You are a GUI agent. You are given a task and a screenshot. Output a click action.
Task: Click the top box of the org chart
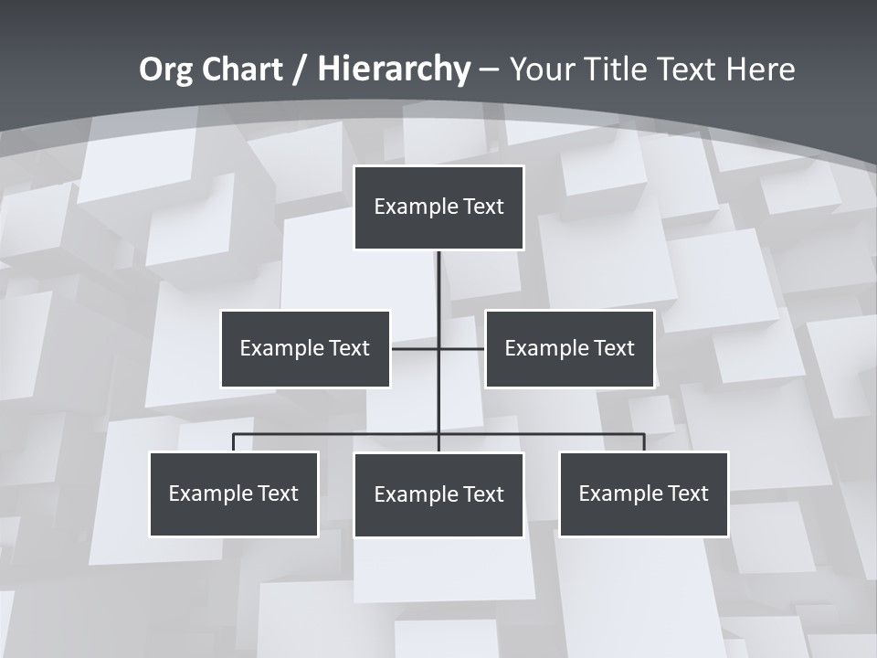(x=438, y=207)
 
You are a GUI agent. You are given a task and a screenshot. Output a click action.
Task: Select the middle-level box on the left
(x=305, y=348)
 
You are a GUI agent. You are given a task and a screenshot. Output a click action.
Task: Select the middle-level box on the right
(x=569, y=348)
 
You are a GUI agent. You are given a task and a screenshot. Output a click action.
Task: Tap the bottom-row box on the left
(x=234, y=493)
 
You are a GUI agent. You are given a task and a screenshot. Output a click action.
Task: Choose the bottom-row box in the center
(x=438, y=494)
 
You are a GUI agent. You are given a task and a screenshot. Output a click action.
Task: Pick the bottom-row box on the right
(x=643, y=493)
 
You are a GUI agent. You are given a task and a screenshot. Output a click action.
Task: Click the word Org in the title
(x=167, y=69)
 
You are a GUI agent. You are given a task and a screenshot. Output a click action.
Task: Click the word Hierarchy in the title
(x=394, y=69)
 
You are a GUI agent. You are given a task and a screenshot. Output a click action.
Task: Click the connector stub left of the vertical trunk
(x=415, y=348)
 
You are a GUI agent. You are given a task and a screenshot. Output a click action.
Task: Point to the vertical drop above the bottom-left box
(x=234, y=442)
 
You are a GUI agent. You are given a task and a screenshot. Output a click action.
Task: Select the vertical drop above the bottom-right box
(x=644, y=442)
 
